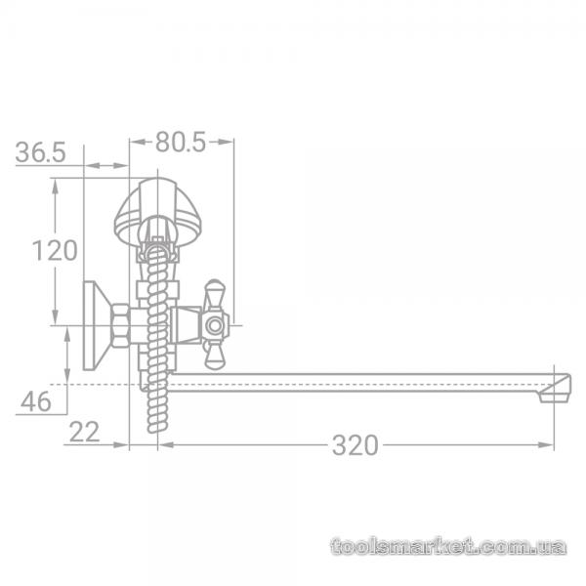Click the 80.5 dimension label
pos(181,142)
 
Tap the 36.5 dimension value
pos(40,152)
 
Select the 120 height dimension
pos(55,250)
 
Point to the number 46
pos(36,401)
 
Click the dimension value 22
pos(84,432)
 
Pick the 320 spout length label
pos(356,445)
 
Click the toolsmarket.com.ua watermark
pos(448,546)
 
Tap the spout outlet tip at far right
pos(556,397)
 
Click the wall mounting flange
pos(97,325)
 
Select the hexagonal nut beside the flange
pos(121,325)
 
